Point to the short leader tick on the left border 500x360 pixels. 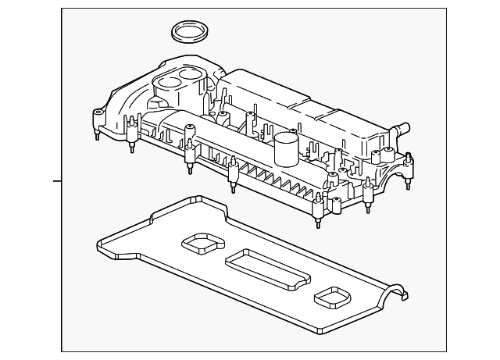coord(57,181)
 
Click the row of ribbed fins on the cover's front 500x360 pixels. coord(281,184)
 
